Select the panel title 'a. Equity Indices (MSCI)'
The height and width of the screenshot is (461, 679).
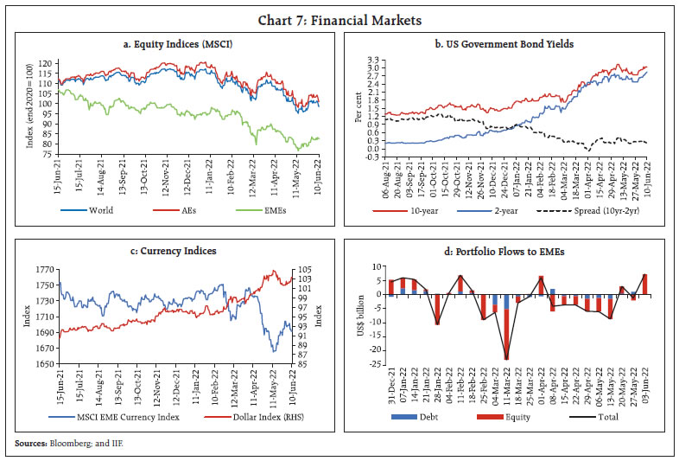[177, 43]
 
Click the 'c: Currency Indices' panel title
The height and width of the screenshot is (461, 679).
[177, 251]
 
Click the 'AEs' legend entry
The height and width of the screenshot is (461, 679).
[184, 208]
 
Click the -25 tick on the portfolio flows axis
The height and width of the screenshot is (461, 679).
[372, 364]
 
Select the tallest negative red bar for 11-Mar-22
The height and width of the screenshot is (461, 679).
[506, 330]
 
